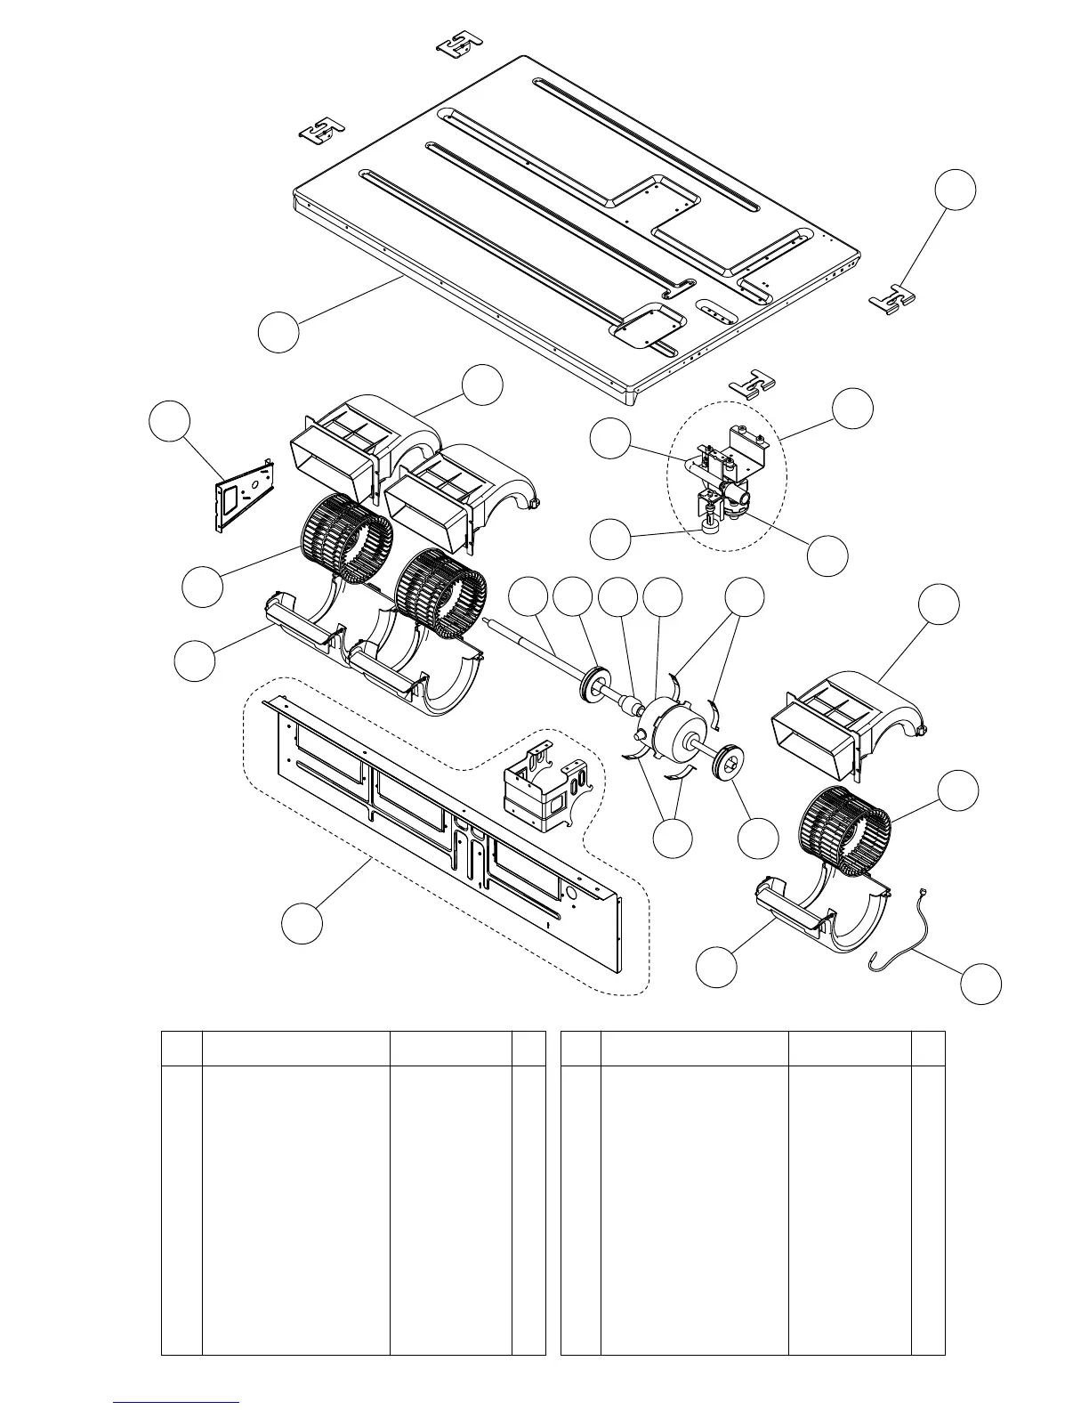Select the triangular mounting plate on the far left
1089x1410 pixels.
click(x=243, y=492)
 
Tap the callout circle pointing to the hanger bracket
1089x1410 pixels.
click(x=956, y=190)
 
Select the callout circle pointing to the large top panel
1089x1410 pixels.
click(x=278, y=332)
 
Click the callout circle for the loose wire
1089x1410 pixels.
click(x=981, y=984)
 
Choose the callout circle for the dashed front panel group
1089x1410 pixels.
click(x=302, y=923)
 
